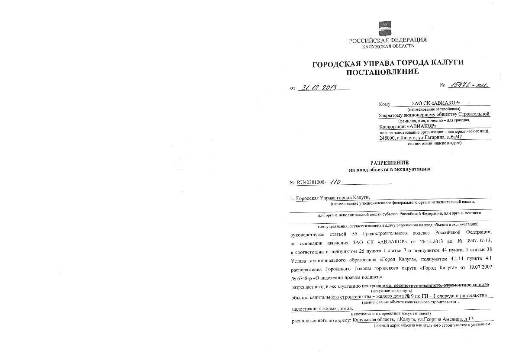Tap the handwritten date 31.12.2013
pyautogui.click(x=320, y=88)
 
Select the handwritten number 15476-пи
pyautogui.click(x=469, y=85)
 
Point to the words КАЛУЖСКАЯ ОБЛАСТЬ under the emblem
pyautogui.click(x=387, y=46)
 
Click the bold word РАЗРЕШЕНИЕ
pyautogui.click(x=389, y=163)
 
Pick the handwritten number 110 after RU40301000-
pyautogui.click(x=335, y=183)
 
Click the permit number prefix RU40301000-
pyautogui.click(x=312, y=183)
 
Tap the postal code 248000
pyautogui.click(x=388, y=138)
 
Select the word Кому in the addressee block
pyautogui.click(x=384, y=104)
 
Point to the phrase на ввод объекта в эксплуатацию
pyautogui.click(x=389, y=169)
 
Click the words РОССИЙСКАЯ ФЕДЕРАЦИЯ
pyautogui.click(x=387, y=40)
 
